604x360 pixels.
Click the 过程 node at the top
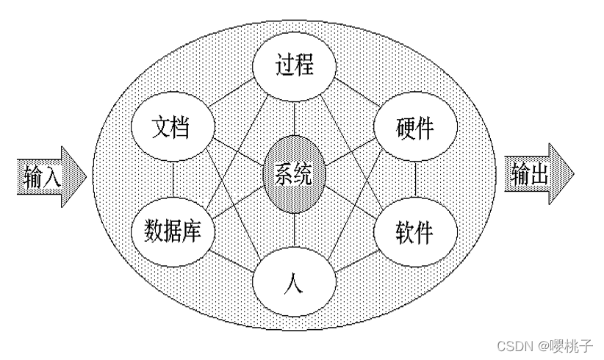point(294,65)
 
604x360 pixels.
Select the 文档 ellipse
point(172,128)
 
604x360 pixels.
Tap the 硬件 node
point(415,128)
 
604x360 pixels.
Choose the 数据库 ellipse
point(172,232)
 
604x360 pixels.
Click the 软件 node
point(415,232)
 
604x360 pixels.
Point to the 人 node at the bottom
point(294,282)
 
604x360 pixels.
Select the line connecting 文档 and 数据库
point(172,180)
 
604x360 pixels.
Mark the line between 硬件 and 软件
point(415,180)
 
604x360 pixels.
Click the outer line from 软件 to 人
point(355,260)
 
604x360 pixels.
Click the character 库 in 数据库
point(201,232)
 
